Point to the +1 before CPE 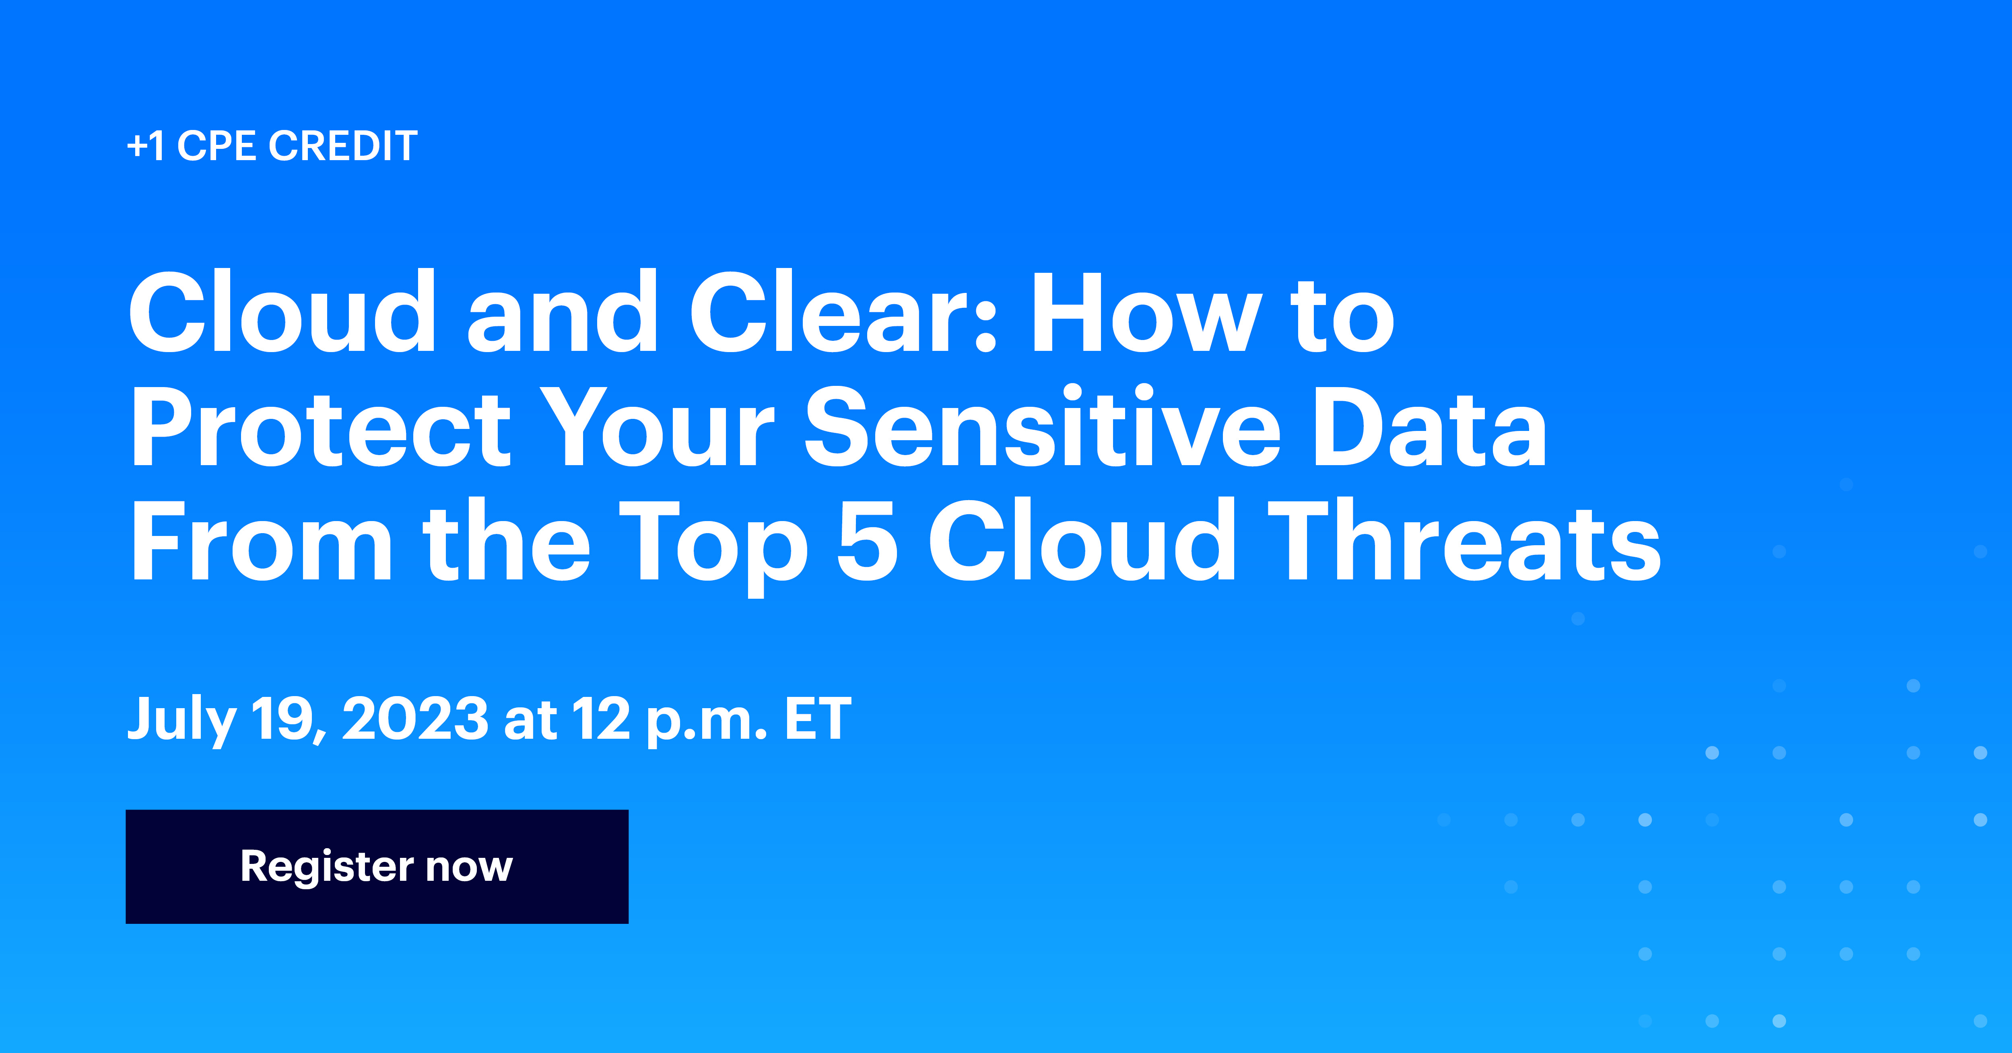tap(146, 146)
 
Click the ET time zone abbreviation tap(818, 719)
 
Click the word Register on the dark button tap(326, 867)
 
